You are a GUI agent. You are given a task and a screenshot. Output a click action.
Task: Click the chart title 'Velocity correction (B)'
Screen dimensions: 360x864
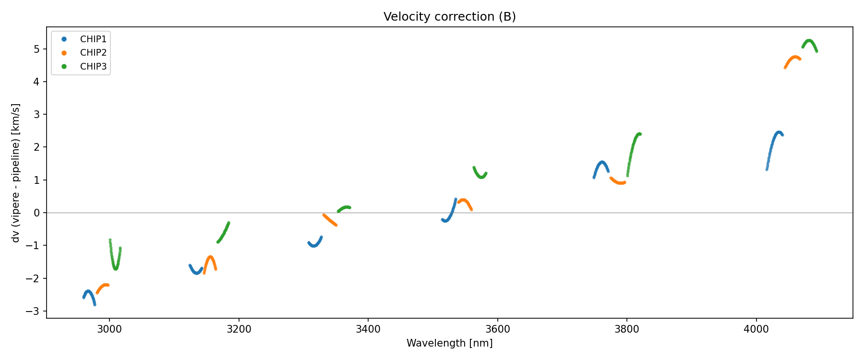pos(449,17)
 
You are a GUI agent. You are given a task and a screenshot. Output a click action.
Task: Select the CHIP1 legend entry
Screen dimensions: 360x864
pos(93,39)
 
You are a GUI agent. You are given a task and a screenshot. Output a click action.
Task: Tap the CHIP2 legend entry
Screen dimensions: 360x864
pos(93,53)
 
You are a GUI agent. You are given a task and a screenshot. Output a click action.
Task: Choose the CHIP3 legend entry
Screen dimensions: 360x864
pos(93,67)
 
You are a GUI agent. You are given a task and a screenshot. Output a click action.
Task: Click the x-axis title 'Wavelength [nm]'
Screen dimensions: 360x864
pos(449,343)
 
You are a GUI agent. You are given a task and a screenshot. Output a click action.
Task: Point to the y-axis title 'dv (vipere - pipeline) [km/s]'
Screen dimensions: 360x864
pos(16,173)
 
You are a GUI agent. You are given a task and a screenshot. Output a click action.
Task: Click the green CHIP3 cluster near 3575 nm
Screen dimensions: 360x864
pos(480,176)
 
